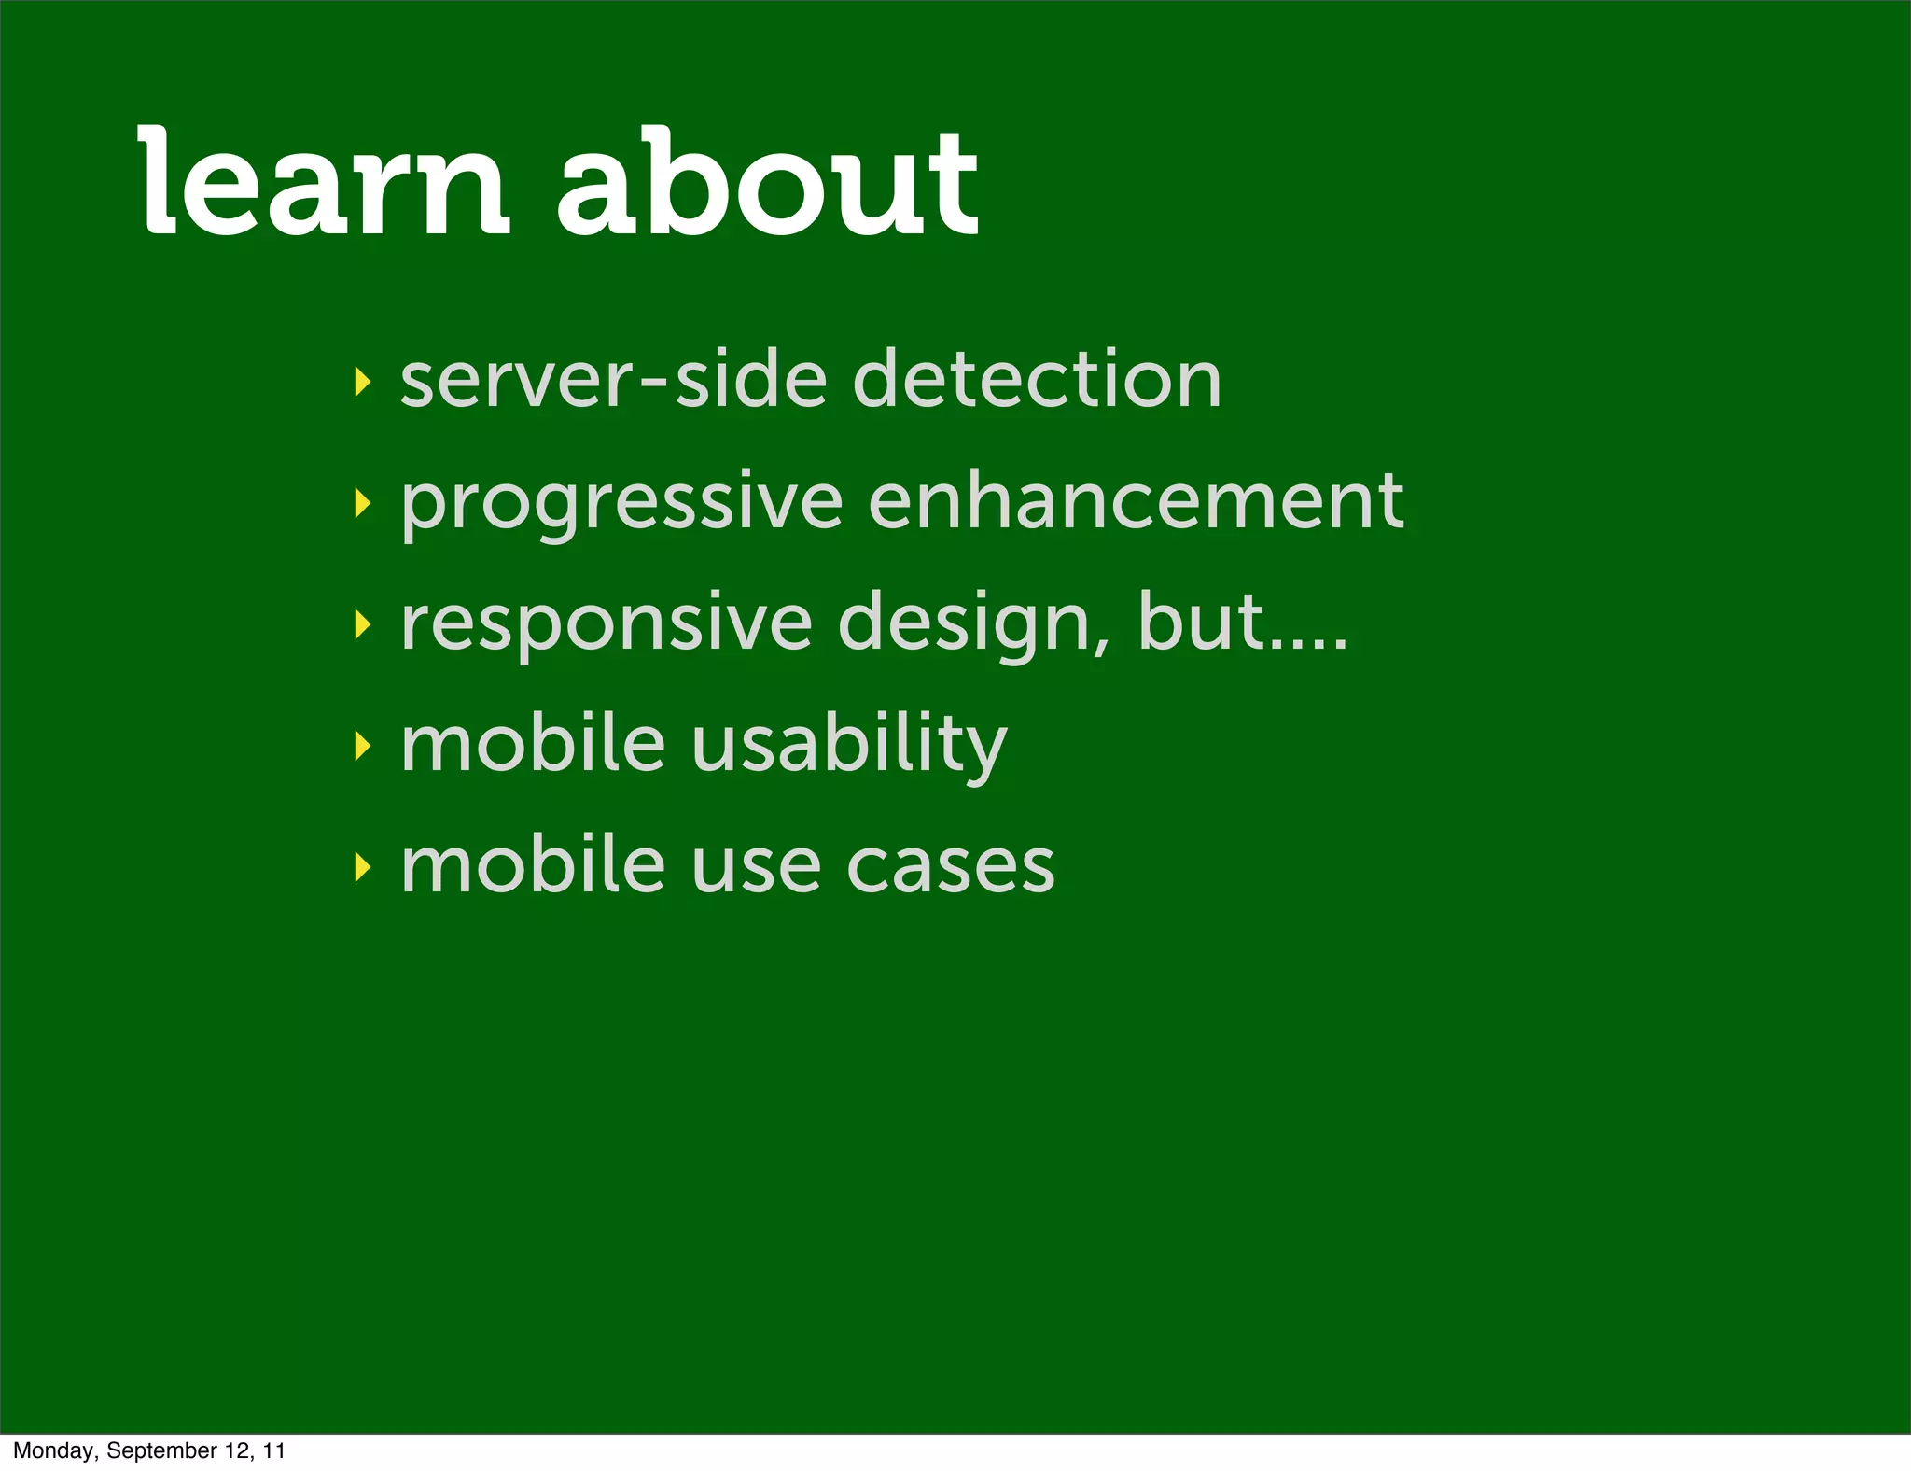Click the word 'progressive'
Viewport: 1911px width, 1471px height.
(621, 504)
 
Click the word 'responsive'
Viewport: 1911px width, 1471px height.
(607, 623)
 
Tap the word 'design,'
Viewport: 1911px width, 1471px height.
(975, 623)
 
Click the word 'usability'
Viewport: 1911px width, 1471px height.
(849, 745)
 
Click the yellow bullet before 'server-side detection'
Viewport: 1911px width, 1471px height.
(362, 382)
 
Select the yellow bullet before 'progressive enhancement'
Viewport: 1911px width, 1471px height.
(362, 504)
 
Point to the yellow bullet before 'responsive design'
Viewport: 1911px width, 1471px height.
(362, 624)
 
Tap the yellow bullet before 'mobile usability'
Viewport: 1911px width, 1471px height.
(362, 746)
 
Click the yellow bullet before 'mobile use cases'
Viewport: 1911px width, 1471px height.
(362, 867)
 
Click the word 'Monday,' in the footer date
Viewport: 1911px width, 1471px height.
(56, 1450)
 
